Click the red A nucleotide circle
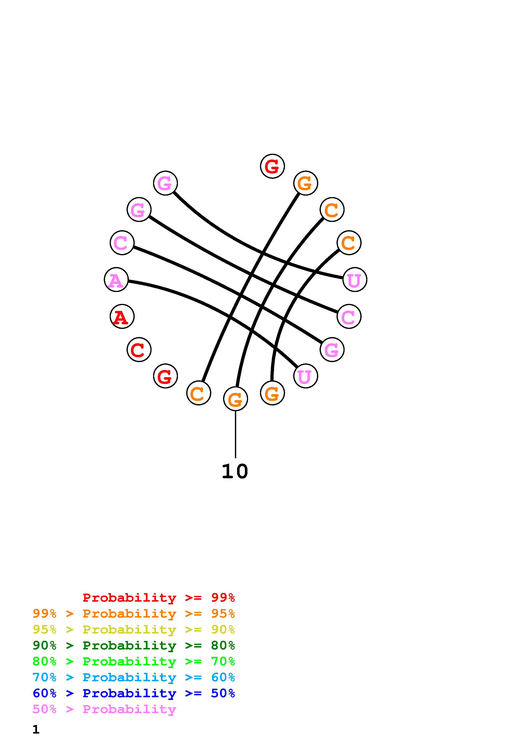[x=122, y=316]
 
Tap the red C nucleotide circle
[x=139, y=350]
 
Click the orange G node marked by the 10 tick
[x=235, y=399]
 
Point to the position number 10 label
[x=235, y=471]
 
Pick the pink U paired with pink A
[x=305, y=376]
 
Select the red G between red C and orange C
[x=165, y=376]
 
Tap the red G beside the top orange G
[x=273, y=166]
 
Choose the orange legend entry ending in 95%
[x=134, y=614]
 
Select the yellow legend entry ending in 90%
[x=134, y=629]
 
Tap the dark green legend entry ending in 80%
[x=134, y=645]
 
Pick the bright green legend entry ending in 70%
[x=134, y=661]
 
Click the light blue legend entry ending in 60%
[x=134, y=677]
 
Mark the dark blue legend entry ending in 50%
[x=134, y=693]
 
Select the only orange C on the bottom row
[x=198, y=393]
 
